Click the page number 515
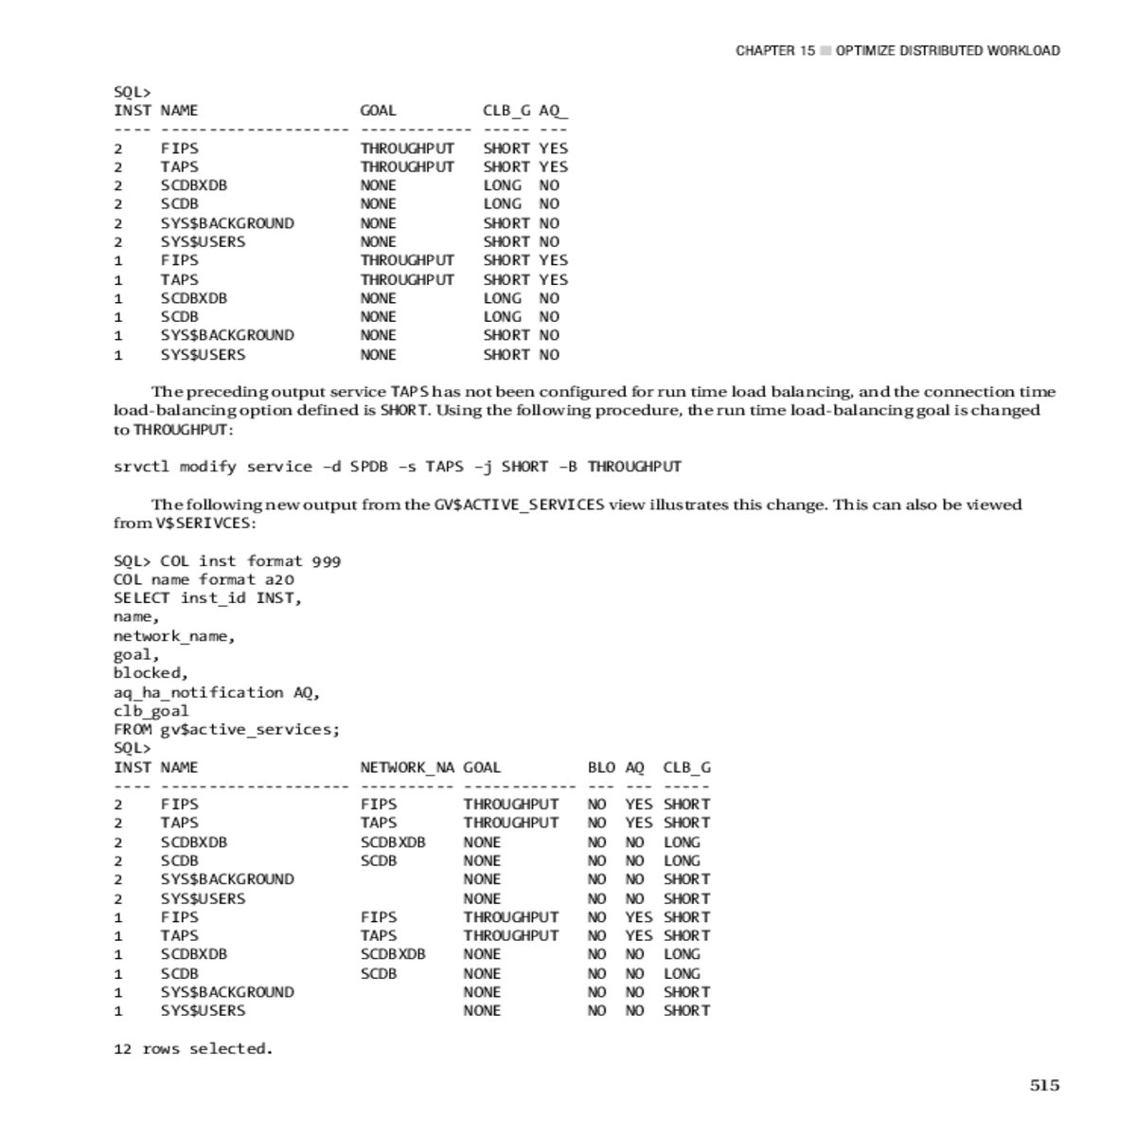pyautogui.click(x=1044, y=1086)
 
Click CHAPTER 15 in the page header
pyautogui.click(x=774, y=51)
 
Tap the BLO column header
pyautogui.click(x=601, y=768)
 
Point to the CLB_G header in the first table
pyautogui.click(x=506, y=111)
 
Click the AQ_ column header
pyautogui.click(x=553, y=111)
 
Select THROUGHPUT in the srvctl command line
pyautogui.click(x=634, y=467)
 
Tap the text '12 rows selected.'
pyautogui.click(x=193, y=1049)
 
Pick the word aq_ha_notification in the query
pyautogui.click(x=198, y=693)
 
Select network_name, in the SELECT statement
pyautogui.click(x=174, y=636)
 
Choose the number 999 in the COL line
pyautogui.click(x=326, y=561)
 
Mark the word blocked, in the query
pyautogui.click(x=151, y=673)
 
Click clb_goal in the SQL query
pyautogui.click(x=151, y=711)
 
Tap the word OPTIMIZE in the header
pyautogui.click(x=865, y=51)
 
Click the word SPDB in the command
pyautogui.click(x=368, y=467)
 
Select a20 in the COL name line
pyautogui.click(x=279, y=579)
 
